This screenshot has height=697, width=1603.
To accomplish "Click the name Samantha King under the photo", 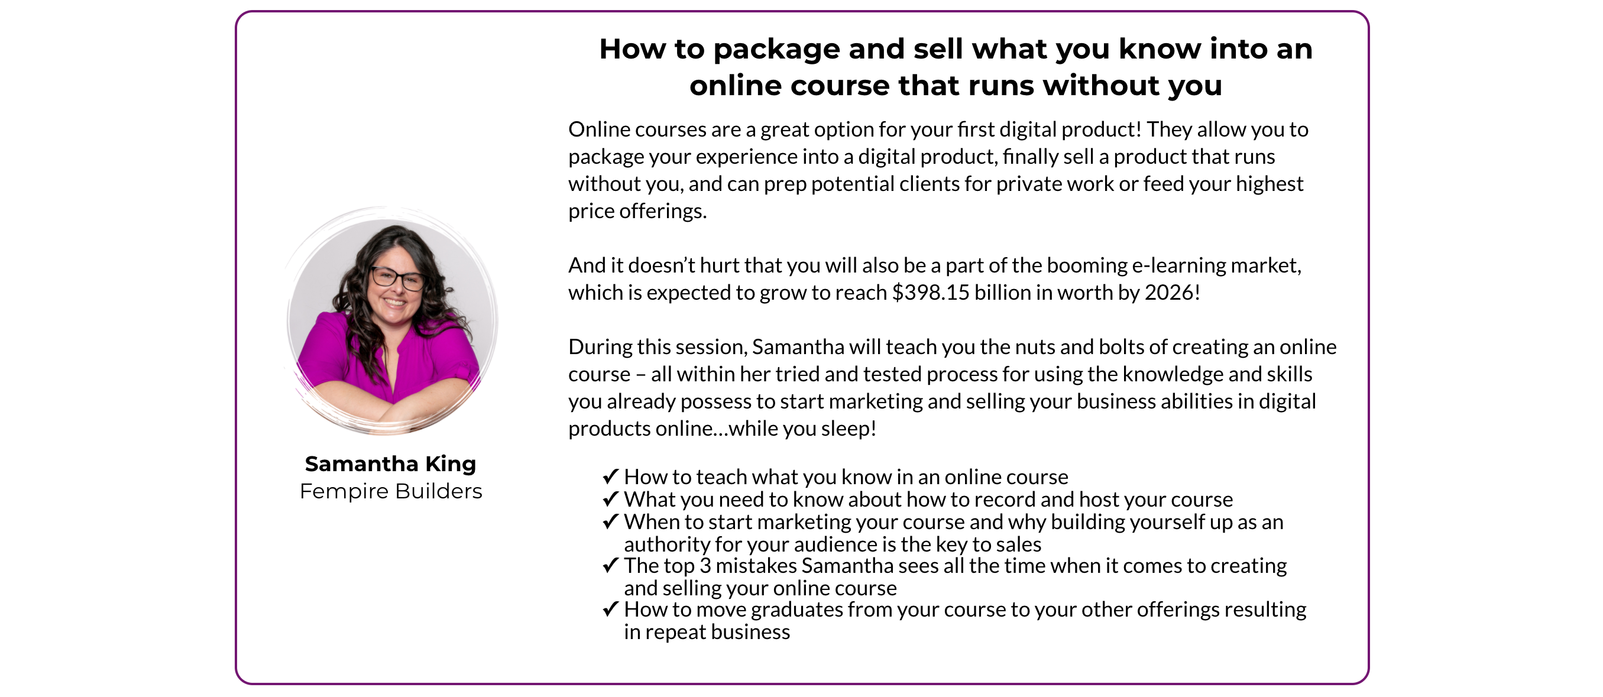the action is [x=390, y=463].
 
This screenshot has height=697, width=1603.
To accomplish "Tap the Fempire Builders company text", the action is [x=391, y=491].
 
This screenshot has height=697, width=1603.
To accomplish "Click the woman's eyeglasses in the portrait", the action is [x=397, y=277].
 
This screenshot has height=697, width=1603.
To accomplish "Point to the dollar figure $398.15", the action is [x=930, y=293].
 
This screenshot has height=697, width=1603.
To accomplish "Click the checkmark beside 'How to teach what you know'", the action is [x=610, y=476].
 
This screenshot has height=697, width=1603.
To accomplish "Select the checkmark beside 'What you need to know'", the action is [x=610, y=499].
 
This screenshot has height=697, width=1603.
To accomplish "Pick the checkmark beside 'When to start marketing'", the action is [x=610, y=521].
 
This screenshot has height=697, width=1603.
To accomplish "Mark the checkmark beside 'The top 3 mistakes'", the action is [x=610, y=566].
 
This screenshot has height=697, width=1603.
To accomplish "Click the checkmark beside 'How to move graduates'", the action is [x=610, y=610].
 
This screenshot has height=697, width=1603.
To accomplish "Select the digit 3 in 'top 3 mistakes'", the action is [x=705, y=566].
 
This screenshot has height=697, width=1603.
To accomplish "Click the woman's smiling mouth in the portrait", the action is [x=394, y=303].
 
